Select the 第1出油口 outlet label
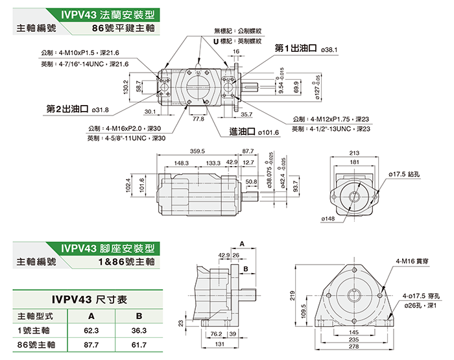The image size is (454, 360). coord(296,48)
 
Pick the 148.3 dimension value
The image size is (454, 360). coord(181,163)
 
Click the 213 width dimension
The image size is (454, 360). coord(353,152)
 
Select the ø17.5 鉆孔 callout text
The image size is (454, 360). coord(405,174)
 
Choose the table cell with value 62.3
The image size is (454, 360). coord(91,331)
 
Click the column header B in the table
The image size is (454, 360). coord(138,317)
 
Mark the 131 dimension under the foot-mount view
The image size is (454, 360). coord(221,344)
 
